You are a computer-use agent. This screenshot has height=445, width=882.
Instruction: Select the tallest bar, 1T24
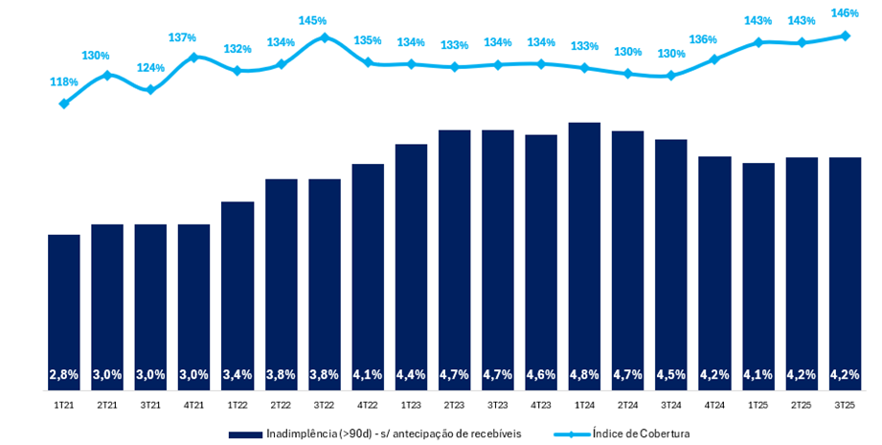tap(584, 254)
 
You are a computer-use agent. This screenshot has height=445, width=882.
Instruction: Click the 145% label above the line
tap(312, 20)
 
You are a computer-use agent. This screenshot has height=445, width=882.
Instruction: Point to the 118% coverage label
tap(64, 82)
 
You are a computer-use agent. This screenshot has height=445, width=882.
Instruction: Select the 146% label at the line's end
tap(844, 14)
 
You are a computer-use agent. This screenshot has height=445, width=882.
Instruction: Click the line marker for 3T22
tap(324, 38)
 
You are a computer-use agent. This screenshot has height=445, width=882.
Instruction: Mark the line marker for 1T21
tap(64, 104)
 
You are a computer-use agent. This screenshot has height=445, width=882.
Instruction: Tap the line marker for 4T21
tap(194, 57)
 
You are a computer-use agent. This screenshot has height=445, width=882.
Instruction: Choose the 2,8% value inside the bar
tap(64, 374)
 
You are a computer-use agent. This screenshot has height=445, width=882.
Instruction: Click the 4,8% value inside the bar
tap(584, 374)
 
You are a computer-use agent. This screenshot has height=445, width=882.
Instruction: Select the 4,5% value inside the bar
tap(670, 374)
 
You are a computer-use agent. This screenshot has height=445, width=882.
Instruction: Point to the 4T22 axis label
tap(367, 406)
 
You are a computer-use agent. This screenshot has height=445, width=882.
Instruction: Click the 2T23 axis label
tap(454, 406)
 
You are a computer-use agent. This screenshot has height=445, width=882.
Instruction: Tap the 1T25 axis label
tap(758, 406)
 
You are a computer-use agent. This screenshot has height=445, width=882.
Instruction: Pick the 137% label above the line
tap(182, 37)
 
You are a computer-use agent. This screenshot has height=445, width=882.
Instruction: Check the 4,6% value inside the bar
tap(541, 374)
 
